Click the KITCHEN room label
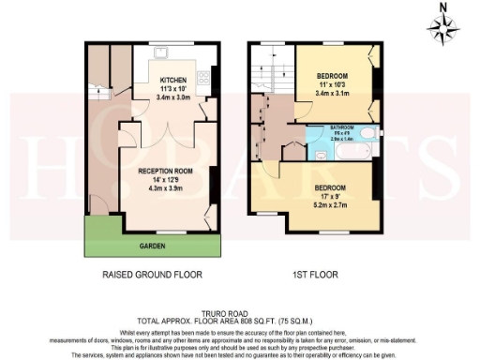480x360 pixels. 173,80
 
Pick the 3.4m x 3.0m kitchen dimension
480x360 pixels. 173,97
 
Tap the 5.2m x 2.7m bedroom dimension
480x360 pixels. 334,202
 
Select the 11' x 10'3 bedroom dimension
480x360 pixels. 333,84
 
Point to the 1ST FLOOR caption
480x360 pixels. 316,276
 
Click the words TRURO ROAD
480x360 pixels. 240,316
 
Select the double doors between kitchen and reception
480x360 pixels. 165,131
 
